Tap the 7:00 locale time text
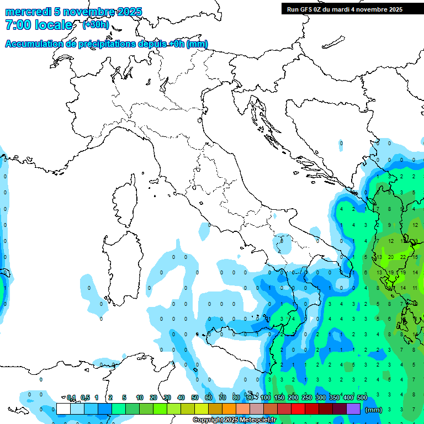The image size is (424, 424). click(39, 25)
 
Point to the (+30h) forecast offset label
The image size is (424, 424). click(96, 25)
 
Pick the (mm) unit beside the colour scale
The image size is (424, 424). click(374, 409)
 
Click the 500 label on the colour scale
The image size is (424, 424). click(362, 397)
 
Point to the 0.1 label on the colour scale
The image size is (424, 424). click(71, 397)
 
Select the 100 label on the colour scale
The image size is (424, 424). click(266, 397)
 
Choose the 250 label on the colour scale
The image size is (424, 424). click(307, 397)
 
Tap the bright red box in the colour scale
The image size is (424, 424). click(298, 409)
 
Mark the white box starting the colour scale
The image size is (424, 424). click(63, 409)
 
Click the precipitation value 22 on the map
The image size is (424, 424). click(403, 257)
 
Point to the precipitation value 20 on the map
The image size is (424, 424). click(391, 257)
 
